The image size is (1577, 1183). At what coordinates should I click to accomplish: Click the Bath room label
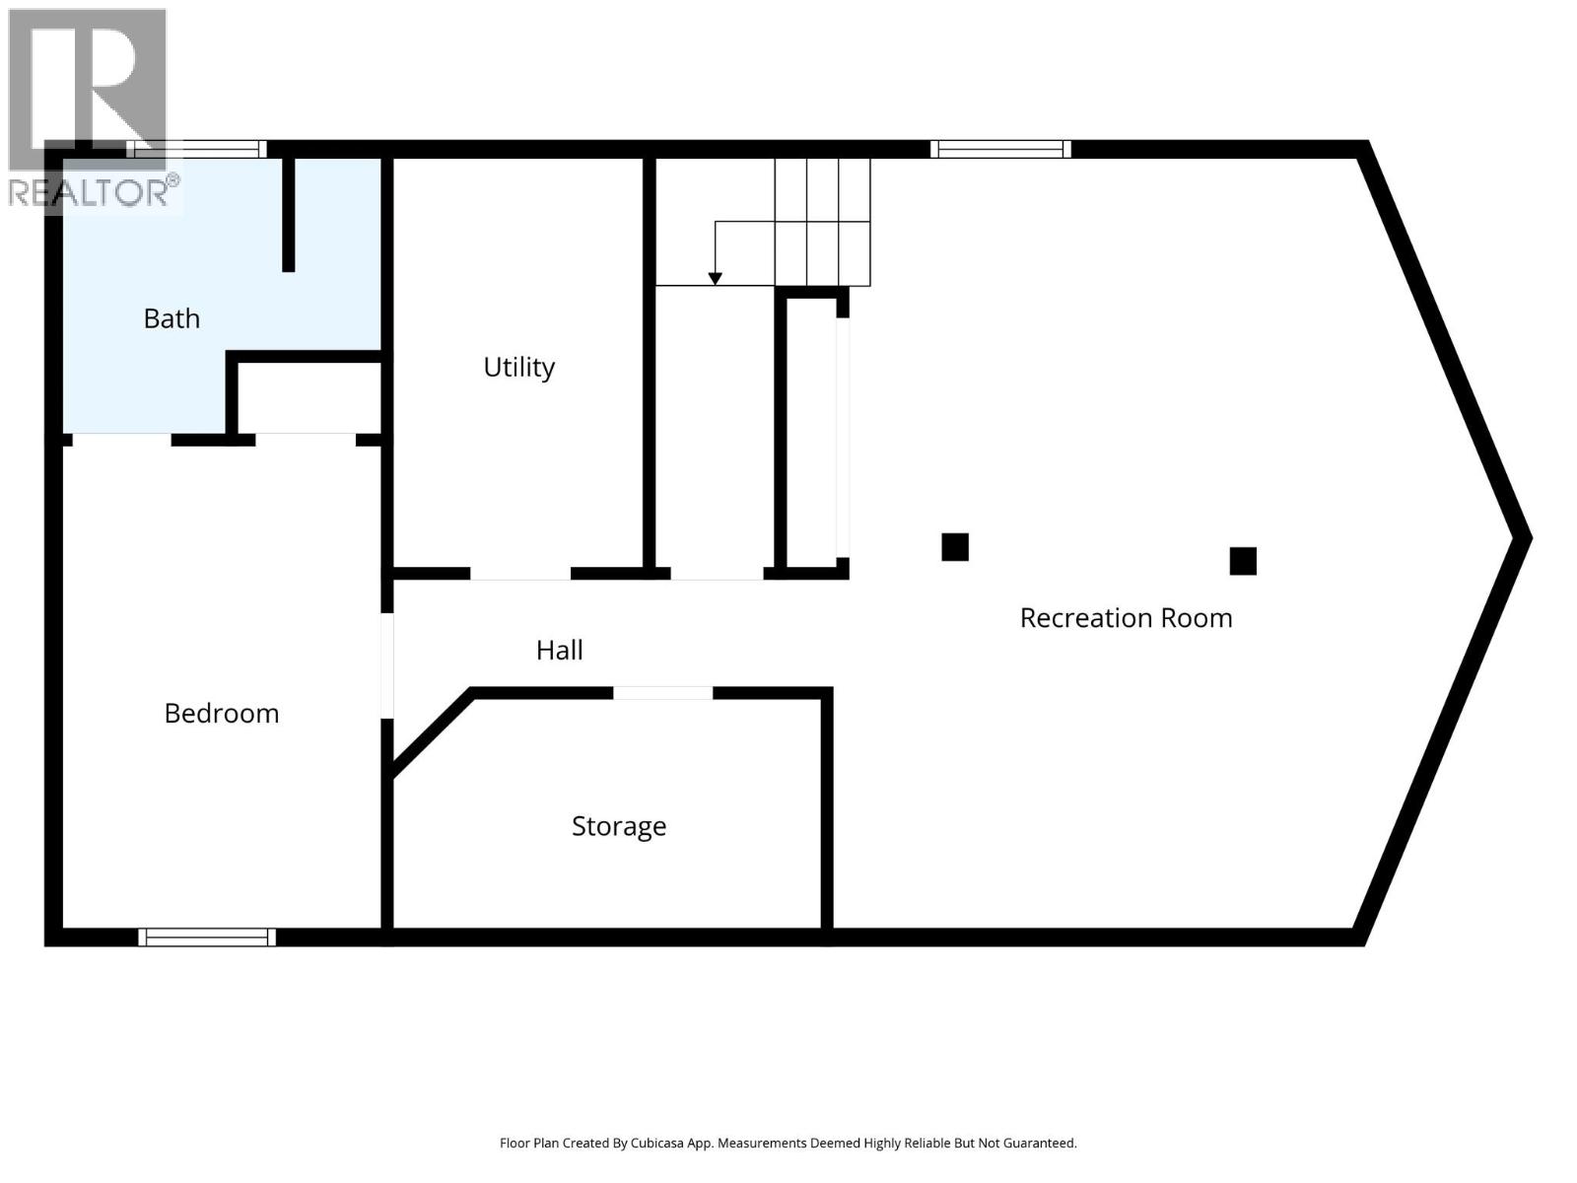[171, 318]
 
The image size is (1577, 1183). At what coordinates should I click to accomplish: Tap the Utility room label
[518, 367]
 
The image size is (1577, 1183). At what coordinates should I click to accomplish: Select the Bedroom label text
[222, 713]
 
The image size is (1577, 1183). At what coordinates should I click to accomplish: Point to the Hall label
[559, 650]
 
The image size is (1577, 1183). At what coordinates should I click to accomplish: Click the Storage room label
[619, 825]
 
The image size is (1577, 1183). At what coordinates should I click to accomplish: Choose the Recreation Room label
[1126, 618]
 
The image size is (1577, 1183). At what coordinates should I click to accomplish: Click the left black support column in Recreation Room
[954, 546]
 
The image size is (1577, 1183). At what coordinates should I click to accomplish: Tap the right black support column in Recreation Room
[1242, 561]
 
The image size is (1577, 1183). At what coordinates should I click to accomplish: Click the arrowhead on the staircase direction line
[715, 279]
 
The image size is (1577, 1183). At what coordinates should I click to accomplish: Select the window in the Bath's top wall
[196, 149]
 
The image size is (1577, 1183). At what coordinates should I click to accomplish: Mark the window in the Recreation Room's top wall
[1000, 149]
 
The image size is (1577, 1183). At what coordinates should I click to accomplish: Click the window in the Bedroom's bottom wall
[207, 937]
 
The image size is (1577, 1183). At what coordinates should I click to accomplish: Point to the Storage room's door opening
[662, 693]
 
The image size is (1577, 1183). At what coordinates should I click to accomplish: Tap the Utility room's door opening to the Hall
[519, 573]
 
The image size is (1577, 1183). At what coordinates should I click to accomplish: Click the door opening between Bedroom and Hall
[387, 665]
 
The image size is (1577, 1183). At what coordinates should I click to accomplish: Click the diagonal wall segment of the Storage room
[432, 733]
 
